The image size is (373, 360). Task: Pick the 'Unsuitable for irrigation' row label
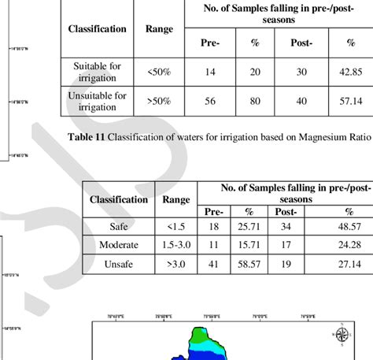click(97, 102)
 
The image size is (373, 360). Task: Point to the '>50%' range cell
click(159, 102)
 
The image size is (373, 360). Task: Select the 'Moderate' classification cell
click(117, 245)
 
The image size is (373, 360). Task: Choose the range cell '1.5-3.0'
click(175, 245)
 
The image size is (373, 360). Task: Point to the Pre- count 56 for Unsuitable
click(211, 102)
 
